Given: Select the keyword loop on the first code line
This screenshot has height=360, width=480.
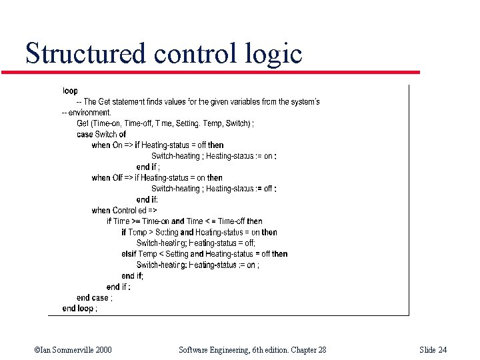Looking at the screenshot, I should coord(70,91).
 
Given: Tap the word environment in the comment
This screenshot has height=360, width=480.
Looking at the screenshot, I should coord(89,113).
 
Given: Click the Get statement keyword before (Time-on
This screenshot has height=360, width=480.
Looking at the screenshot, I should coord(83,123).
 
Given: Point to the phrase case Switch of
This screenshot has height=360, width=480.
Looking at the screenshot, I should coord(101,134).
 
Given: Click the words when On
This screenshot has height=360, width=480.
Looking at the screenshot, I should coord(107,145).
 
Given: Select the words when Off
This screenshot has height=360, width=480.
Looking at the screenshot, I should coord(107,177).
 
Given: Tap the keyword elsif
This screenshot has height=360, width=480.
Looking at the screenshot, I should coord(129,254).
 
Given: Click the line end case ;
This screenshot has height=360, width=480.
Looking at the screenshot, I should coord(94,297).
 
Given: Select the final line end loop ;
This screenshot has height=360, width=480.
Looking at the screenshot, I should coord(79,308).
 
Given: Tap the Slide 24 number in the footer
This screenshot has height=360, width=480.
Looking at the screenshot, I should coord(433,349).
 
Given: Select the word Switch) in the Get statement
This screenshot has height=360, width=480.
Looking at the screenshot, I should coord(238,123).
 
